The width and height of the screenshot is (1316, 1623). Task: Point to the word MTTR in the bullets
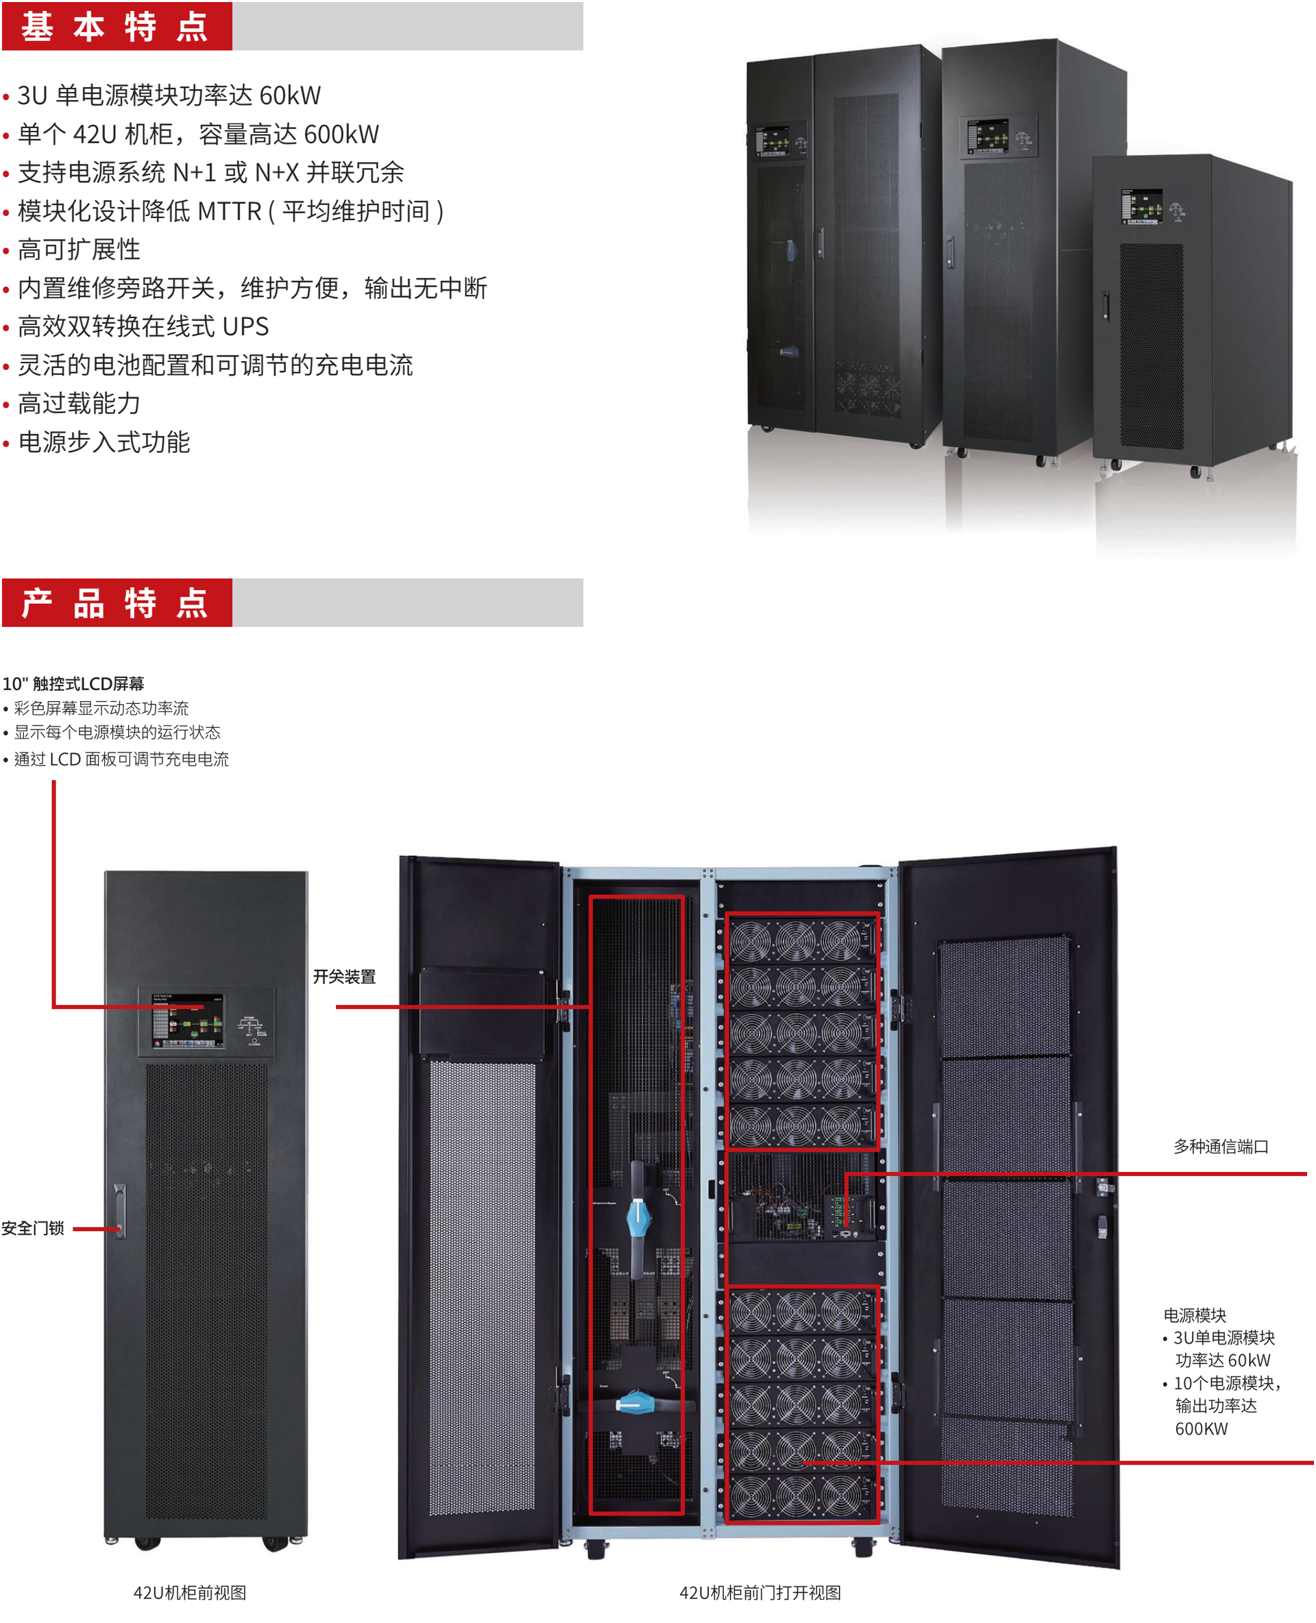pos(229,212)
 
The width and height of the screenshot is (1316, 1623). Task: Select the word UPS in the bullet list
pos(245,327)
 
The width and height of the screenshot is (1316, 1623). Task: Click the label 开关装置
pos(344,977)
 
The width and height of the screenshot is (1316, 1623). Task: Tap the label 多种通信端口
pos(1221,1146)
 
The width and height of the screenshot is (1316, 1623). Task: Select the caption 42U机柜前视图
pos(189,1593)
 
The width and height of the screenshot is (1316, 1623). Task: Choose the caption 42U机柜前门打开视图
pos(759,1593)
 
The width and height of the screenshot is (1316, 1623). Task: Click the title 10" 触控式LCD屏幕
pos(73,684)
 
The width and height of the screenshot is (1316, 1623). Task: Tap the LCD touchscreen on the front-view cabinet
pos(187,1021)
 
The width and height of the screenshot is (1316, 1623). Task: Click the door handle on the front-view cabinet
pos(120,1210)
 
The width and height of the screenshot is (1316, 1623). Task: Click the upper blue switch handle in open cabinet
pos(638,1217)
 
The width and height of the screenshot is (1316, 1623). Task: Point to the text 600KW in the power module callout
pos(1201,1429)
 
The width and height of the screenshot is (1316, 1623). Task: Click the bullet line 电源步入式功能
pos(104,443)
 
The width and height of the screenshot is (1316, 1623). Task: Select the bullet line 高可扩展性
pos(79,249)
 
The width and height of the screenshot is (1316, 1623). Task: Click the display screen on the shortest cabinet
pos(1142,206)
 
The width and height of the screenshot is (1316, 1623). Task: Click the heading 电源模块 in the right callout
pos(1195,1315)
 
